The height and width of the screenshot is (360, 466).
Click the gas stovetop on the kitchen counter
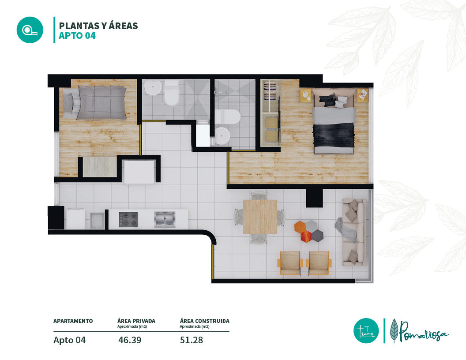(128, 220)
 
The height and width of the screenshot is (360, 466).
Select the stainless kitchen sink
(165, 219)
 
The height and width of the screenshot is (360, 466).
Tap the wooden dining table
(260, 217)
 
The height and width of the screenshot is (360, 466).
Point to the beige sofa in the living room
(353, 232)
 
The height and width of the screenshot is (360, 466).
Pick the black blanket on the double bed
(334, 135)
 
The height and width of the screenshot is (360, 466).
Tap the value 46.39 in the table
(130, 340)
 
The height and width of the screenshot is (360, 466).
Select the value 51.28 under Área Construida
(192, 340)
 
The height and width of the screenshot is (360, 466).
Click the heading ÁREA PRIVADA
(136, 321)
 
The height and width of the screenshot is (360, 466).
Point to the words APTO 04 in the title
(77, 36)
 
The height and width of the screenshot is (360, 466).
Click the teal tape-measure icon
(30, 30)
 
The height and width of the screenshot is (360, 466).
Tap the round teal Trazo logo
(366, 330)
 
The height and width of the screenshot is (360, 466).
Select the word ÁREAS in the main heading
(123, 26)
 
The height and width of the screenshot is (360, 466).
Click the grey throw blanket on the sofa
(346, 229)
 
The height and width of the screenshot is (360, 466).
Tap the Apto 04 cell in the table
(70, 340)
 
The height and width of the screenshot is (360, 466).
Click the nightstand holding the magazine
(363, 95)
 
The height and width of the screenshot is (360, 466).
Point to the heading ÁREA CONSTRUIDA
(204, 321)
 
